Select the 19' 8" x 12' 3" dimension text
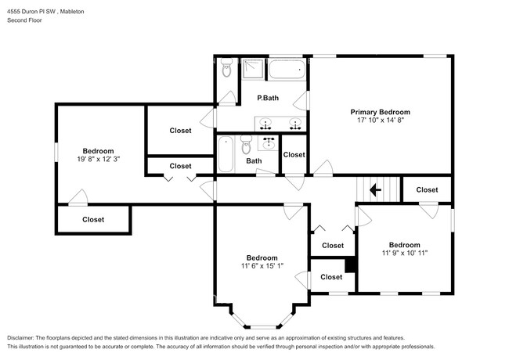[x=99, y=159]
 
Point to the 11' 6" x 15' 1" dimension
[x=262, y=266]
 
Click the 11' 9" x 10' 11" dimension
[x=404, y=253]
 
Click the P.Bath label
[x=268, y=98]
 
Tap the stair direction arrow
[x=375, y=189]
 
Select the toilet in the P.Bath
[x=226, y=70]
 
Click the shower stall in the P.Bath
[x=253, y=70]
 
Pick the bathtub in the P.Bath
[x=288, y=71]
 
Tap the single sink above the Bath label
[x=269, y=142]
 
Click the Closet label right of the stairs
[x=427, y=189]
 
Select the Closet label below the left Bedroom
[x=93, y=220]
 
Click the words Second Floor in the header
[x=24, y=21]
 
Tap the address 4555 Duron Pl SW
[x=32, y=12]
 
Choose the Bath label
[x=254, y=161]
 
